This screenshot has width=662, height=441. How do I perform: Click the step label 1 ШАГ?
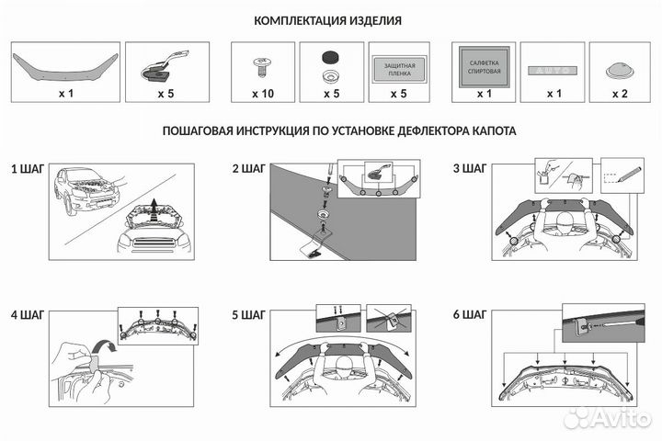(28, 169)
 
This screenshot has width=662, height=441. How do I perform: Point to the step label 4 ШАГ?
(28, 315)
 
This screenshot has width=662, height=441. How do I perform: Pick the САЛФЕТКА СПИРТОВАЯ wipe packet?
(482, 65)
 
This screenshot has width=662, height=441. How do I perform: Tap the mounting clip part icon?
(165, 65)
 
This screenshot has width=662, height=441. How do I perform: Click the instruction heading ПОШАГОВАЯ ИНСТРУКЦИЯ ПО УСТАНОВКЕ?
(339, 131)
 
